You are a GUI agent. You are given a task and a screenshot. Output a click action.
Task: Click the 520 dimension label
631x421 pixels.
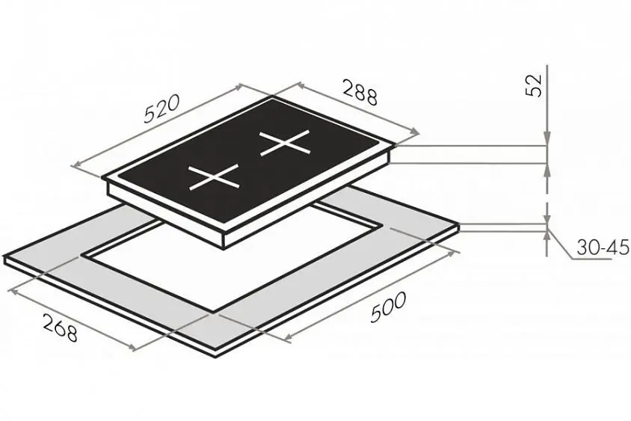pos(161,108)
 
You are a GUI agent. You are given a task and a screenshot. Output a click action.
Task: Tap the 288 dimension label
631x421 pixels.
pos(360,92)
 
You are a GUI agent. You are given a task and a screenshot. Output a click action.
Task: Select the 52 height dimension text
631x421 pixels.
pos(534,86)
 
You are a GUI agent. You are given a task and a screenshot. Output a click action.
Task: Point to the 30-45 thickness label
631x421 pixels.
pos(603,247)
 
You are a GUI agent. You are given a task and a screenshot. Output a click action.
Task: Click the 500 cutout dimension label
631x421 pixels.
pos(388,307)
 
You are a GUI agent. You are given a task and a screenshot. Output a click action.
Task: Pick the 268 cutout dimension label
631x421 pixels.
pos(60,328)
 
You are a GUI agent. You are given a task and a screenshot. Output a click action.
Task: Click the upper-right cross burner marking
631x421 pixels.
pos(285,143)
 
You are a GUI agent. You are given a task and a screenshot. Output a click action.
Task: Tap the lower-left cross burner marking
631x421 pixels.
pos(215,176)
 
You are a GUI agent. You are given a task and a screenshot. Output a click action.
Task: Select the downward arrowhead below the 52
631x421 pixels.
pos(547,138)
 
